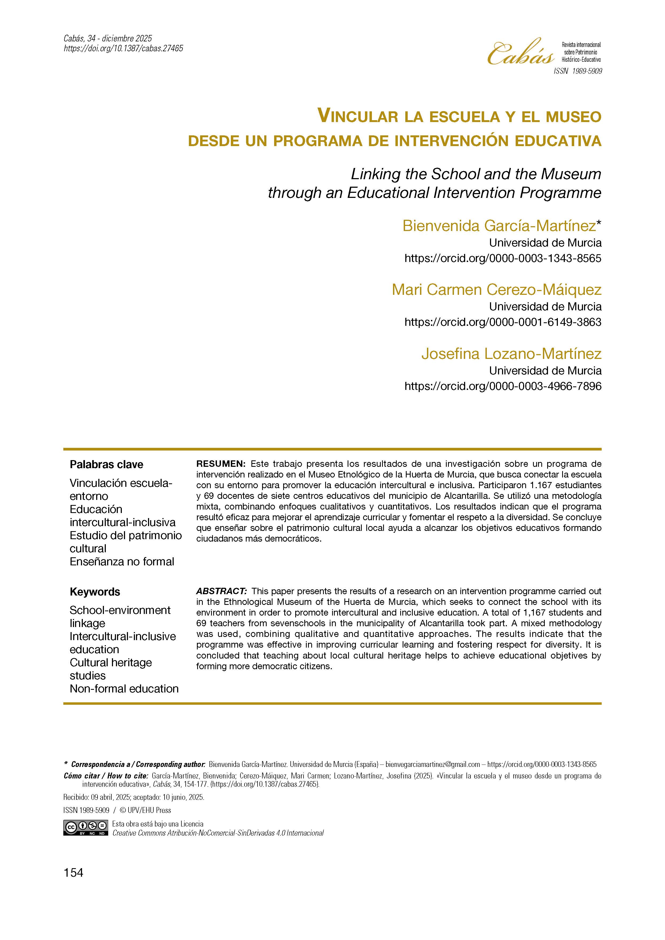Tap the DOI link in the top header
click(x=123, y=49)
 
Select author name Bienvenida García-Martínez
click(x=499, y=226)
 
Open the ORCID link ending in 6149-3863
click(x=503, y=322)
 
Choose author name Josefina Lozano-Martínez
click(x=511, y=354)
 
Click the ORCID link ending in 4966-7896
click(x=503, y=386)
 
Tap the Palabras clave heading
click(x=106, y=464)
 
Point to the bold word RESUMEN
click(x=220, y=464)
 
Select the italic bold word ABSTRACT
click(x=221, y=591)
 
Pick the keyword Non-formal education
click(x=124, y=689)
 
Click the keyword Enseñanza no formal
click(x=122, y=561)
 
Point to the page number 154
click(x=73, y=873)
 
